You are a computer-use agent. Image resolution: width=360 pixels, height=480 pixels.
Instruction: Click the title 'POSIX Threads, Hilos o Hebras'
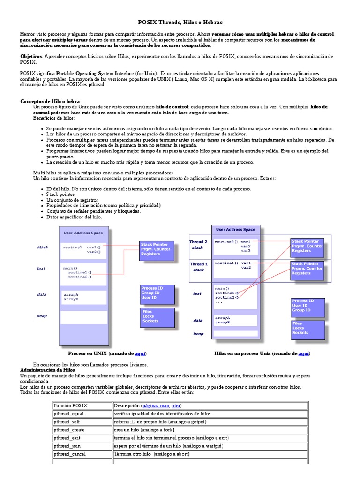coord(180,22)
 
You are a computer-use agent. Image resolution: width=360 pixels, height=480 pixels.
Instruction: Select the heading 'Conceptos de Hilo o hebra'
coord(50,101)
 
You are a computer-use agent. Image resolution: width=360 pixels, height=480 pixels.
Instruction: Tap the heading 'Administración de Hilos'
coord(47,370)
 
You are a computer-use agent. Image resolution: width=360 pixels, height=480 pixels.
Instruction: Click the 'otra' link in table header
coord(176,405)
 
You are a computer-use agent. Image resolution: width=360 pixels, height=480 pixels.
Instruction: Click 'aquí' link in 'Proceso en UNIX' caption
coord(140,353)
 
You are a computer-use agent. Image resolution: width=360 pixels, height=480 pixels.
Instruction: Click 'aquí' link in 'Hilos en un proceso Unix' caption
coord(304,353)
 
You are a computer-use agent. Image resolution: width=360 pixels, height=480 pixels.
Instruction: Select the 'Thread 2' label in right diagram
coord(198,242)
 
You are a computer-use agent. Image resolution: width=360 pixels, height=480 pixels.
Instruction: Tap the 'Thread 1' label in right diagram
coord(199,264)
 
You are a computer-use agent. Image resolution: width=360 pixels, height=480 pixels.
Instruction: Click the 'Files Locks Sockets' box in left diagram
coord(157,316)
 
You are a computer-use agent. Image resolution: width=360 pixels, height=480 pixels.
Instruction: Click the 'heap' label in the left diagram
coord(42,316)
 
